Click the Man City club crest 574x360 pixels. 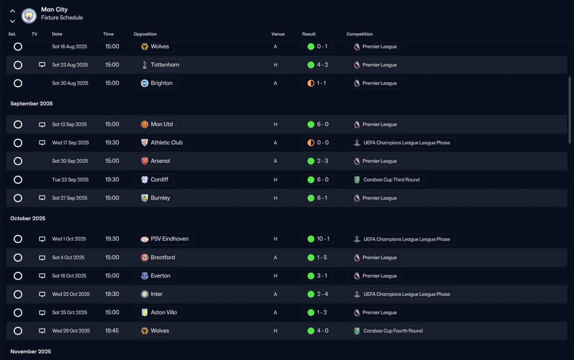[29, 16]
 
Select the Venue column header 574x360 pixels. [278, 34]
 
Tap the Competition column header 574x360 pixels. [360, 34]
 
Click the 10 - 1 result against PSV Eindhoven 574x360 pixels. [318, 239]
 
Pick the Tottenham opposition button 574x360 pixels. [160, 65]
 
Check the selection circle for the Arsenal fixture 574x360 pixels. [18, 161]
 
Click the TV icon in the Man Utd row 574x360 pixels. [42, 125]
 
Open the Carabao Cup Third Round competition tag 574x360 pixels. [387, 180]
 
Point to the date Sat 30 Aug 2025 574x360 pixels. [70, 83]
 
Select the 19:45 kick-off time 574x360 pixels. [112, 331]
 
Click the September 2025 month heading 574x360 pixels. [31, 104]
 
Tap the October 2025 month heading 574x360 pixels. [28, 218]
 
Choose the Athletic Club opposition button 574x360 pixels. [161, 143]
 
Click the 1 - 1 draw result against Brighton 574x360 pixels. [316, 83]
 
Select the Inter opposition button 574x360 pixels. [152, 294]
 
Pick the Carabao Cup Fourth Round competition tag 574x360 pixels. [388, 331]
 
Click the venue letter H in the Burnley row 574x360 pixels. [275, 198]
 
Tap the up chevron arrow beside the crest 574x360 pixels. [12, 11]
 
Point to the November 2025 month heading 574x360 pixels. [30, 351]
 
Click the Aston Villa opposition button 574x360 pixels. [159, 312]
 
